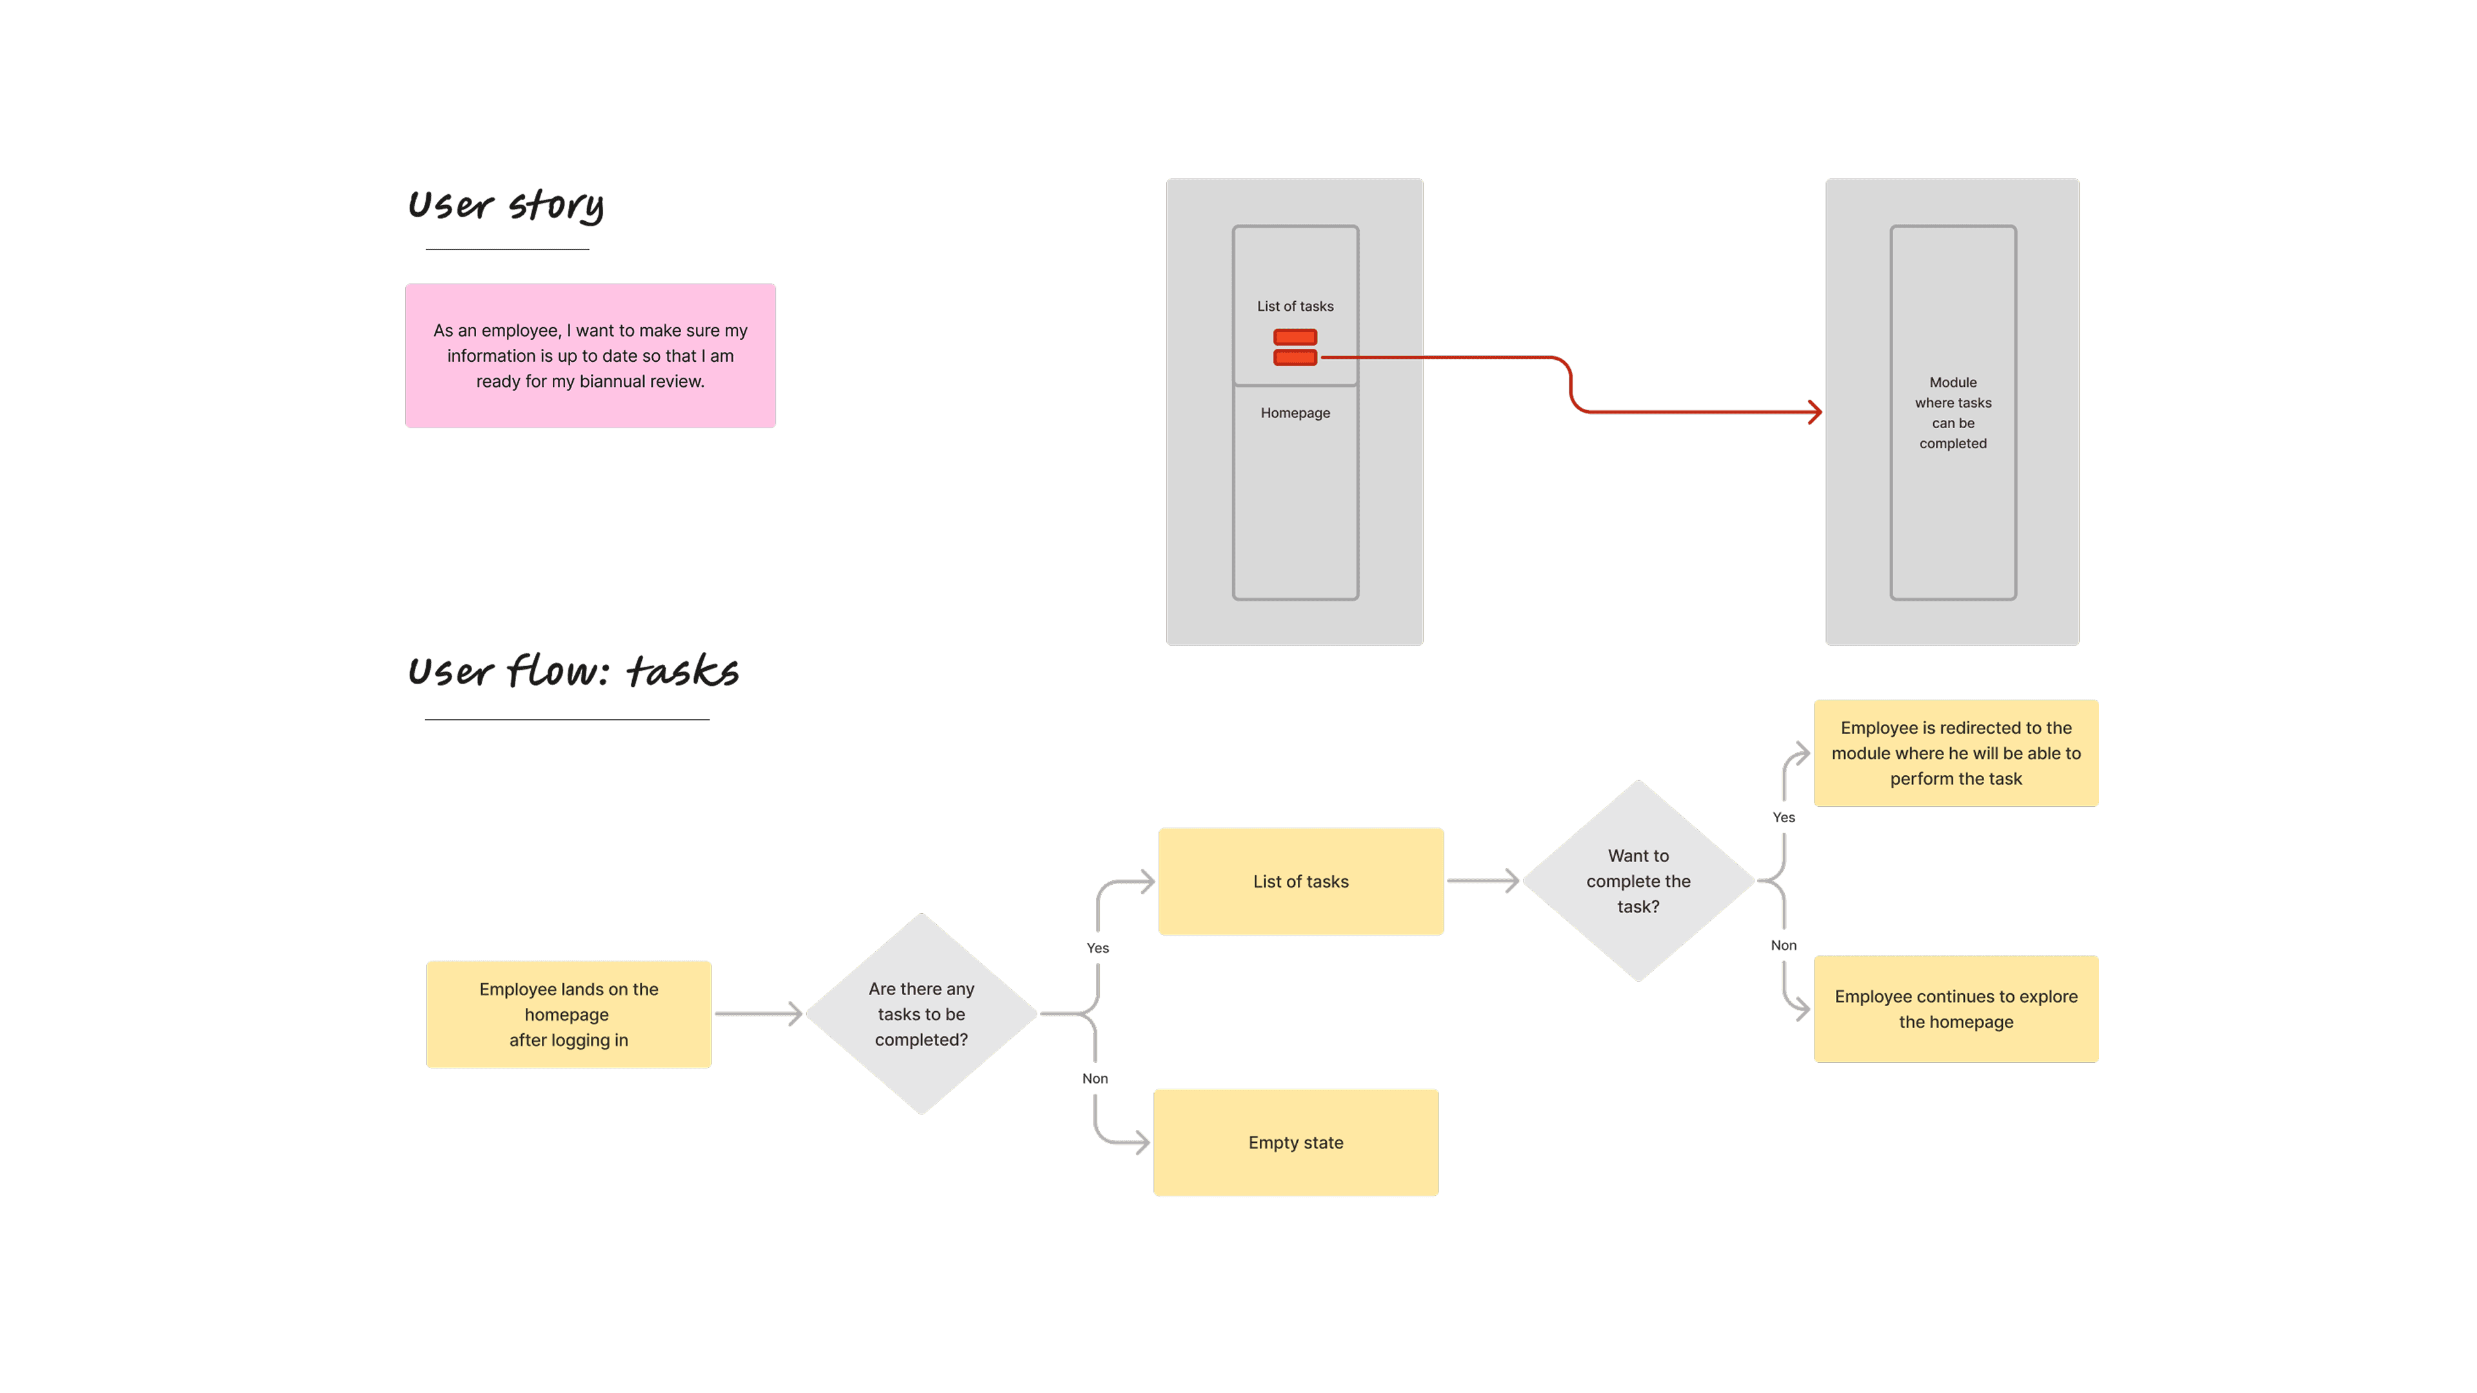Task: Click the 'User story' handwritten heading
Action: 506,205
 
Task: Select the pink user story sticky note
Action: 590,356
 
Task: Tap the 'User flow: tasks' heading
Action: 573,670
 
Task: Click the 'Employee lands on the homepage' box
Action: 568,1014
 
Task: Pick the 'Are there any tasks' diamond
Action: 921,1014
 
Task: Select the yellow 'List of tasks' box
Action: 1301,882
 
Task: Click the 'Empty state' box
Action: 1296,1142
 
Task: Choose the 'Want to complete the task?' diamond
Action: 1638,880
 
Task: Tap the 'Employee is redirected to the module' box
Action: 1956,753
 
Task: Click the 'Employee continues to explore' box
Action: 1956,1009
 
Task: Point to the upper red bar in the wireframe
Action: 1295,337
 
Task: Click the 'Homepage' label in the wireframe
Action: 1295,413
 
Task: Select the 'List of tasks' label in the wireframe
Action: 1295,306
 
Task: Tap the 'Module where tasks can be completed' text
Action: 1953,413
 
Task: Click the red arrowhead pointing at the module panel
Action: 1815,413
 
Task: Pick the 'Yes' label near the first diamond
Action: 1097,948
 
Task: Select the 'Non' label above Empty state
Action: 1095,1079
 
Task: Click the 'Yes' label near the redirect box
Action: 1784,817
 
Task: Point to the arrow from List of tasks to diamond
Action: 1484,880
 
